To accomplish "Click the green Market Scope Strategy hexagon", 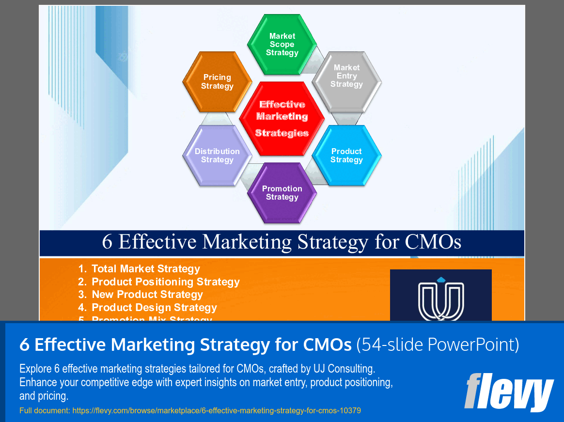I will [x=282, y=45].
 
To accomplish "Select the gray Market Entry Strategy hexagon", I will [x=346, y=77].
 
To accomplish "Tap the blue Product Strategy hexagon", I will [x=346, y=156].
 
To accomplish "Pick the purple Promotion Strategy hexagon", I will [x=282, y=193].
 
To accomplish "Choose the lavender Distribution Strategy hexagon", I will [x=217, y=156].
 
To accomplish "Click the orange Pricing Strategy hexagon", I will [x=217, y=81].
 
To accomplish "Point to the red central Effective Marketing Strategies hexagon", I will [x=282, y=118].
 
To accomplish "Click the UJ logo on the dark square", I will [x=440, y=297].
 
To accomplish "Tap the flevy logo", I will [x=508, y=391].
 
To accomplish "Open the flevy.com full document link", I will [x=217, y=410].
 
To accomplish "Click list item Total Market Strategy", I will [x=145, y=269].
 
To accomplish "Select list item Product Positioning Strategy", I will [x=165, y=282].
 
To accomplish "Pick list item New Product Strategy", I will [x=147, y=295].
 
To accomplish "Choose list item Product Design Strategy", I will [x=154, y=308].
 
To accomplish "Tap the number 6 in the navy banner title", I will [x=107, y=242].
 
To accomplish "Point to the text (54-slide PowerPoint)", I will [x=438, y=345].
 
